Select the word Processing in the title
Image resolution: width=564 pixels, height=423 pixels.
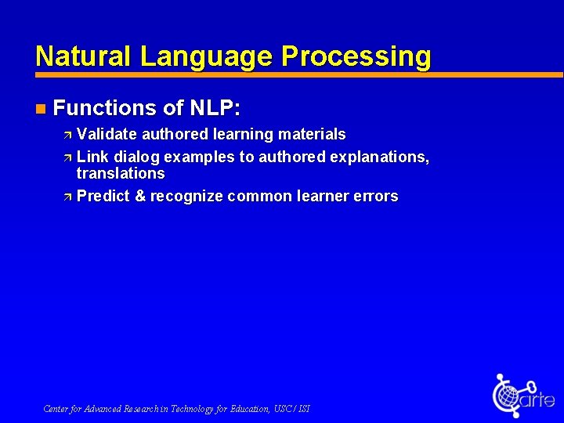click(356, 56)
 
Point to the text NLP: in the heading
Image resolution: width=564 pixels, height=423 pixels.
click(215, 107)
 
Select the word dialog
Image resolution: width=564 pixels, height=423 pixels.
click(137, 157)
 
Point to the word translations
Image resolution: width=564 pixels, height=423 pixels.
click(121, 173)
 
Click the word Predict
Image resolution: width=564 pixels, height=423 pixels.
click(103, 196)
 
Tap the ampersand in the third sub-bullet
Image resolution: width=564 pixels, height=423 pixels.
click(140, 196)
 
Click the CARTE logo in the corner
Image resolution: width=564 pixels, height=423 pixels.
click(522, 396)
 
